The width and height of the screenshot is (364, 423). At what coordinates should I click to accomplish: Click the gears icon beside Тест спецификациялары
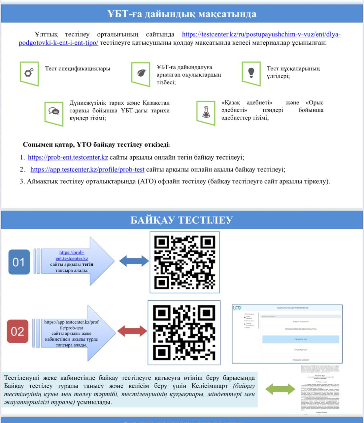[29, 73]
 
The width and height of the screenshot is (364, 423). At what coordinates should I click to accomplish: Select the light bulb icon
[251, 72]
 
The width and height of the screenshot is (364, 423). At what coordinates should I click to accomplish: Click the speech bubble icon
[54, 111]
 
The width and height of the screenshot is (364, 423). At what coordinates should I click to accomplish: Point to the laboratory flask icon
[206, 112]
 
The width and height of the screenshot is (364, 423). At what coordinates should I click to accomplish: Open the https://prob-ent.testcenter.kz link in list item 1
[68, 157]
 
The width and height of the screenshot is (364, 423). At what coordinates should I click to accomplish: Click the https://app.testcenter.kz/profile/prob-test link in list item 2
[87, 170]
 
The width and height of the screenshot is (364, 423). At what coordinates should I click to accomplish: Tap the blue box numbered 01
[19, 262]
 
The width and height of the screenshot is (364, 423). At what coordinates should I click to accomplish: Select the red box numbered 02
[17, 331]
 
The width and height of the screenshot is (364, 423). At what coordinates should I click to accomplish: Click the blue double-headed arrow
[134, 261]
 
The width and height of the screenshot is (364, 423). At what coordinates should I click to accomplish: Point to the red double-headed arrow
[132, 331]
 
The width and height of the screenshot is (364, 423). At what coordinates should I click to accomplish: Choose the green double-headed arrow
[280, 389]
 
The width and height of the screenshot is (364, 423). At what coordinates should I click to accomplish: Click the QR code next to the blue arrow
[185, 262]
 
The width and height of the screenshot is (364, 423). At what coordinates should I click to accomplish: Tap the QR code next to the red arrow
[184, 332]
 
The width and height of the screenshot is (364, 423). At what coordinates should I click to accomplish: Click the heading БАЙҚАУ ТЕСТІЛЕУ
[182, 220]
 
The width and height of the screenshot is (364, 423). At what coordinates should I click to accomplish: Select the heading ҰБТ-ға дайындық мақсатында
[182, 14]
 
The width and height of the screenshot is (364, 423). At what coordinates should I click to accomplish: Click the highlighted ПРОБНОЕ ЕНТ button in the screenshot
[301, 339]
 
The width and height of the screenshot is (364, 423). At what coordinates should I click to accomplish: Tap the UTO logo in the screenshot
[237, 308]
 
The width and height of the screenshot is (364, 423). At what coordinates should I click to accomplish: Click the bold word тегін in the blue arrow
[88, 264]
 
